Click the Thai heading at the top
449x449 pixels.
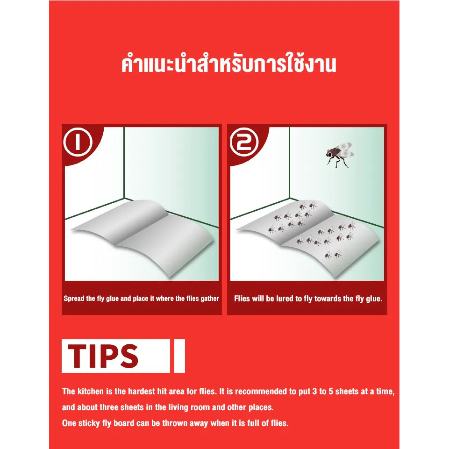click(x=228, y=64)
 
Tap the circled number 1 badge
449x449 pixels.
click(x=78, y=142)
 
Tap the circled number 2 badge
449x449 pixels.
click(x=244, y=142)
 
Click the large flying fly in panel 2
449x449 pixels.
click(x=340, y=155)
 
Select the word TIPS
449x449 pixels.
click(x=103, y=356)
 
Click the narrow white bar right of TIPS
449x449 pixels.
click(x=179, y=356)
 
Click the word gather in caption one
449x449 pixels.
click(x=210, y=299)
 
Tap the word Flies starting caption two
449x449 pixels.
click(x=242, y=299)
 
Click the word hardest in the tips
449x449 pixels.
click(x=141, y=392)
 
